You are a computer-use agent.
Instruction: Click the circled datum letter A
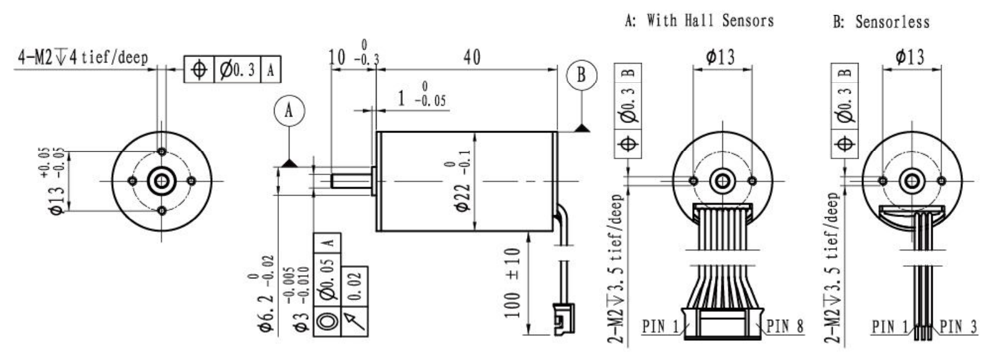(x=289, y=111)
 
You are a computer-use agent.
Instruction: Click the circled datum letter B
(x=581, y=75)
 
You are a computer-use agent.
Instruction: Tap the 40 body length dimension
(x=471, y=57)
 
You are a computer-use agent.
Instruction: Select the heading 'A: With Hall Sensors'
(x=699, y=21)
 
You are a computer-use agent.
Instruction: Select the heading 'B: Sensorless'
(x=881, y=22)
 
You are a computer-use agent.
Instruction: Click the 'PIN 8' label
(x=784, y=326)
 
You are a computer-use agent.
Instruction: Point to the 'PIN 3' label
(x=958, y=327)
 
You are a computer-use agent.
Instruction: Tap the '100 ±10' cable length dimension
(x=513, y=283)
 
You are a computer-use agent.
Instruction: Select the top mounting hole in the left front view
(x=162, y=152)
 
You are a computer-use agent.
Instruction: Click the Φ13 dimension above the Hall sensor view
(x=721, y=57)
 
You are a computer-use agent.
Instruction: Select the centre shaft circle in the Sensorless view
(x=912, y=181)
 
